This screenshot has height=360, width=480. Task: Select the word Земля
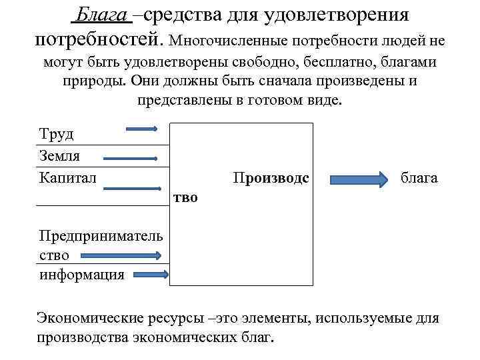click(x=59, y=156)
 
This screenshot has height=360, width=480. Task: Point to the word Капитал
click(x=68, y=177)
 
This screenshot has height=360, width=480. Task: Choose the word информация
click(x=82, y=275)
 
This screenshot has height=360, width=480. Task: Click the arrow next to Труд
click(x=142, y=129)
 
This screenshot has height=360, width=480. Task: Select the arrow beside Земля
click(x=129, y=159)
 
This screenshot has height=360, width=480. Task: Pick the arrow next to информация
click(x=151, y=273)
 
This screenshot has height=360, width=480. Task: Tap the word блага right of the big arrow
click(x=419, y=178)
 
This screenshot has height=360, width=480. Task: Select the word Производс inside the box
click(x=271, y=178)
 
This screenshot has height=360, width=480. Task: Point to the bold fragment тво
click(x=185, y=199)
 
